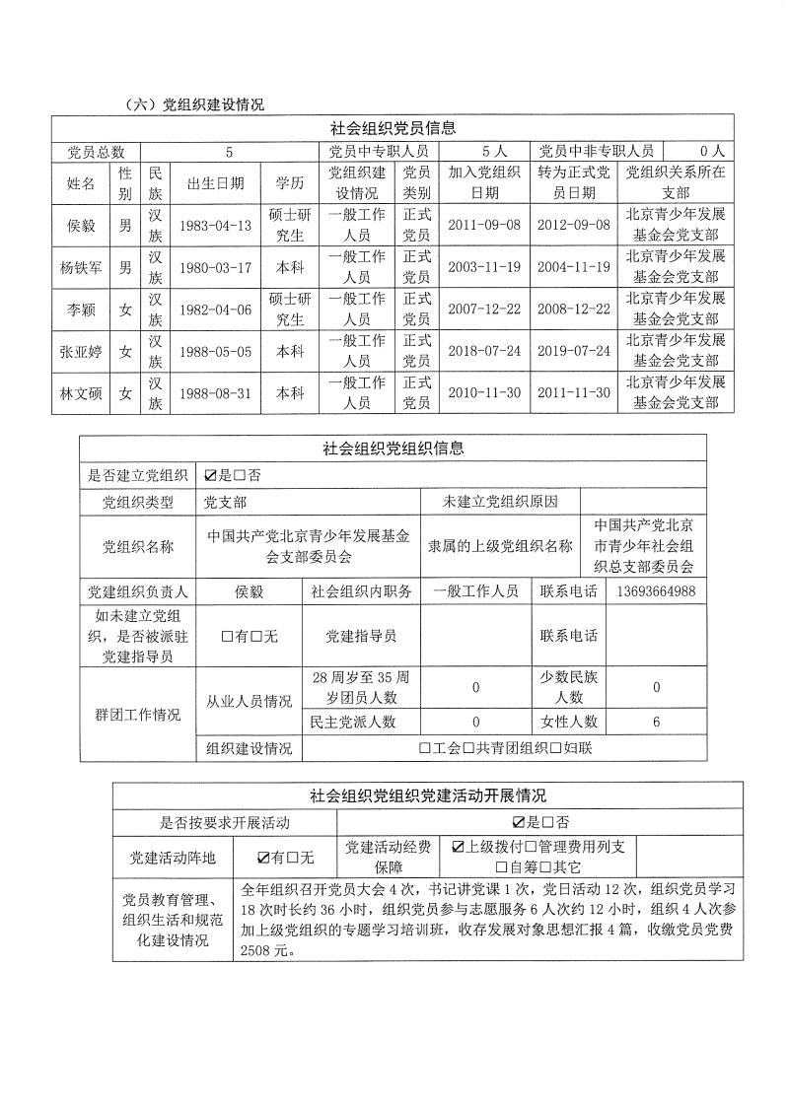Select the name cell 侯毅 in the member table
pos(81,225)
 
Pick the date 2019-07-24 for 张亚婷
pos(573,350)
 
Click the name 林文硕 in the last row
pos(81,392)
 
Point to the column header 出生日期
pos(215,183)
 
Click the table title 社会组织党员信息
pos(393,128)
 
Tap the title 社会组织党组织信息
pos(393,449)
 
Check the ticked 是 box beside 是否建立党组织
pos(210,475)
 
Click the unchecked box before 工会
pos(424,748)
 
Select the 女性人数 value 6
pos(656,722)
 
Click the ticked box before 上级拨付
pos(458,847)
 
